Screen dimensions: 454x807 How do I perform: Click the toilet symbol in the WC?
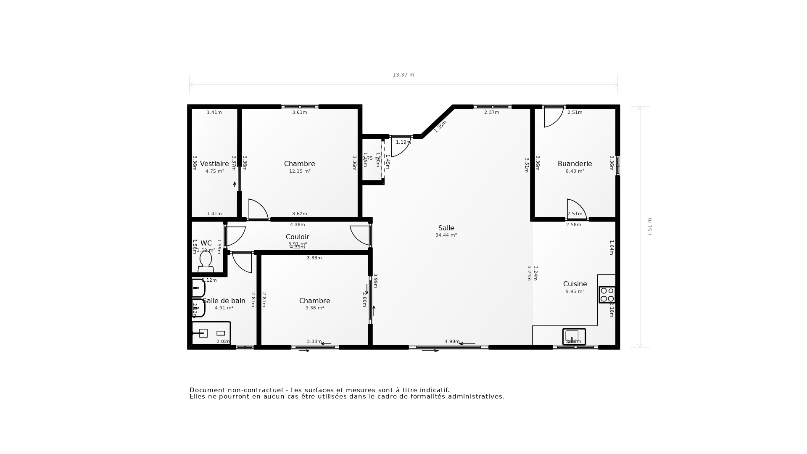[206, 261]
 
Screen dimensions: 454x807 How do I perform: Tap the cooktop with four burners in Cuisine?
[607, 295]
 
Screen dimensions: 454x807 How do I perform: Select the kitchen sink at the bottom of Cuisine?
[574, 336]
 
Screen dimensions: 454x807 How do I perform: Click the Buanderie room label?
[575, 164]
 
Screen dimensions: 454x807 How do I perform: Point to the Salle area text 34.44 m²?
[446, 235]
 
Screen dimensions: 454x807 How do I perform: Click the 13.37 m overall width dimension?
[403, 75]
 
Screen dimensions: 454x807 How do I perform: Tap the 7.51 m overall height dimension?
[649, 227]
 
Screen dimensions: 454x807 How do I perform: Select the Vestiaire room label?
[214, 164]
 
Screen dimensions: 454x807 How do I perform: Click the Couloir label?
[297, 237]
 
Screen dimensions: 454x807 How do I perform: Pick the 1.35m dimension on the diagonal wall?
[440, 126]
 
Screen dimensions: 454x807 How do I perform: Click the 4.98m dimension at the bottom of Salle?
[452, 341]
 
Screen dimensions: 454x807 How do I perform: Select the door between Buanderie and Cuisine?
[577, 209]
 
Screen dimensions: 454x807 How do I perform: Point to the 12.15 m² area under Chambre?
[300, 172]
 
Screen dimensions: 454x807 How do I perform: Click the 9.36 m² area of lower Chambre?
[314, 308]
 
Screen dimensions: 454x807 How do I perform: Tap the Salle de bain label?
[224, 301]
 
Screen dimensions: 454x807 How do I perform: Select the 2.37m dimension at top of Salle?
[491, 113]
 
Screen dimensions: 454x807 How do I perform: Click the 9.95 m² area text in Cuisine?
[575, 292]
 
